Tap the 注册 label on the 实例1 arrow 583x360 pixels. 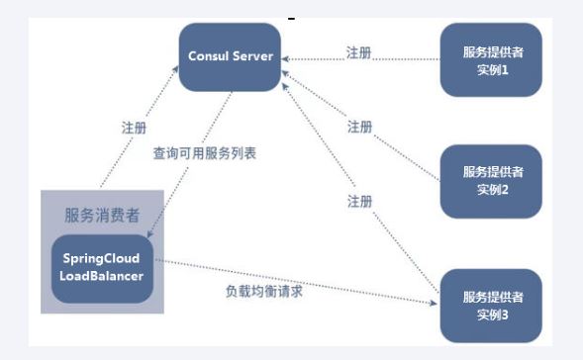click(x=359, y=52)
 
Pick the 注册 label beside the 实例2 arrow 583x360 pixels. click(x=359, y=127)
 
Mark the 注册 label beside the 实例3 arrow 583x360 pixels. click(x=359, y=201)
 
